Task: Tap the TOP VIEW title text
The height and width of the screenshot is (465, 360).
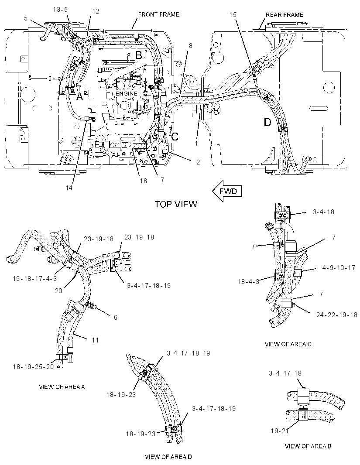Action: pos(176,204)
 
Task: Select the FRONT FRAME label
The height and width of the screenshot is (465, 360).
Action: pos(159,14)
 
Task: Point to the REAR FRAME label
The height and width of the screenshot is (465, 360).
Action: pos(285,15)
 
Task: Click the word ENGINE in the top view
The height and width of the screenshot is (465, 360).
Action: pos(126,93)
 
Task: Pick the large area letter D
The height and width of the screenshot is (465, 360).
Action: pos(267,122)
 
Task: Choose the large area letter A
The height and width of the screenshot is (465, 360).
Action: pos(79,96)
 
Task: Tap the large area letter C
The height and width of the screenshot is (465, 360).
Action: pos(175,137)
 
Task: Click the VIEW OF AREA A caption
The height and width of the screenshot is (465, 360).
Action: pos(62,387)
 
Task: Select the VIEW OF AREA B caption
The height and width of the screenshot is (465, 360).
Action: pos(308,446)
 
